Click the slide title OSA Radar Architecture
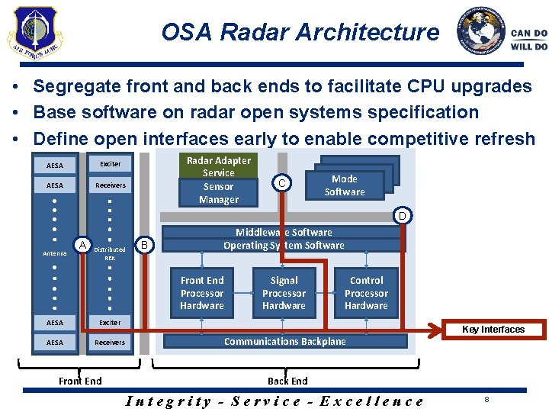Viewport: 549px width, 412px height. click(x=300, y=32)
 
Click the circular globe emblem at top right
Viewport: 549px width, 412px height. click(x=480, y=31)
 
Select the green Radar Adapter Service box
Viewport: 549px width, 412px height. click(x=219, y=180)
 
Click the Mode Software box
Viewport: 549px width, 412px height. click(x=345, y=185)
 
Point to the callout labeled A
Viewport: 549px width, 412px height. click(x=82, y=243)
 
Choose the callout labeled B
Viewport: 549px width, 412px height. click(x=145, y=244)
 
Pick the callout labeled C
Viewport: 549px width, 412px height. click(x=282, y=183)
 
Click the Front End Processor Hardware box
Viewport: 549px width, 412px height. click(x=202, y=293)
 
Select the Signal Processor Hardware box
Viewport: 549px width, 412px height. click(x=284, y=293)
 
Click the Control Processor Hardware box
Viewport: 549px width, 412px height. click(x=366, y=293)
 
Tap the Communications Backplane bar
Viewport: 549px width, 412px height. click(x=284, y=341)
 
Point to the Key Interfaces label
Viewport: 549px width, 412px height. click(x=493, y=330)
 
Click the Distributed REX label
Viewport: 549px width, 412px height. click(x=110, y=253)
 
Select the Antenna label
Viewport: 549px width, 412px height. click(x=54, y=253)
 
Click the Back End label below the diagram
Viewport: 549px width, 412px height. click(x=287, y=381)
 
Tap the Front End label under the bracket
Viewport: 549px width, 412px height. click(x=80, y=381)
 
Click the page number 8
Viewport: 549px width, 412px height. click(x=485, y=398)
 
